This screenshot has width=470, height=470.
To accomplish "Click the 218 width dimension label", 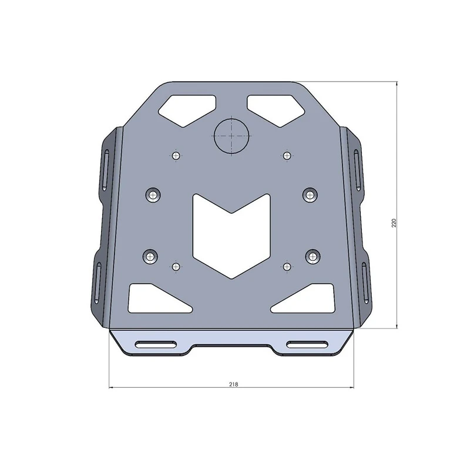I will click(233, 384).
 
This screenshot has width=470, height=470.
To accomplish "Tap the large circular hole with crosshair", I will click(232, 135).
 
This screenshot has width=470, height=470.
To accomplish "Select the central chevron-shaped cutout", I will click(232, 235).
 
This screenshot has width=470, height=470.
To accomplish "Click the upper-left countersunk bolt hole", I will click(153, 194).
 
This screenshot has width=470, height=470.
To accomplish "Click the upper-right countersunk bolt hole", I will click(311, 194).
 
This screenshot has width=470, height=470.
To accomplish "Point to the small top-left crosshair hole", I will click(176, 155).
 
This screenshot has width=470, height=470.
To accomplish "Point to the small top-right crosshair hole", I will click(287, 155).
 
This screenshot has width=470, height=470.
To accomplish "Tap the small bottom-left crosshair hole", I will click(176, 267).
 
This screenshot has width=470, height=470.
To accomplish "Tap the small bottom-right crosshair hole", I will click(287, 267).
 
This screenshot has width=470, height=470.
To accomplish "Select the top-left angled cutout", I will click(187, 108).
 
